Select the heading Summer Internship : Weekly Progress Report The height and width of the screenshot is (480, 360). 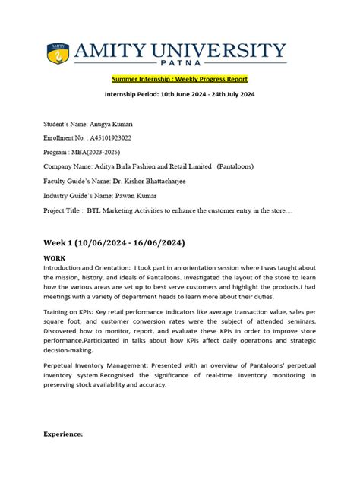179,79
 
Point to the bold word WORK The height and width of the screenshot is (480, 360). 55,258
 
